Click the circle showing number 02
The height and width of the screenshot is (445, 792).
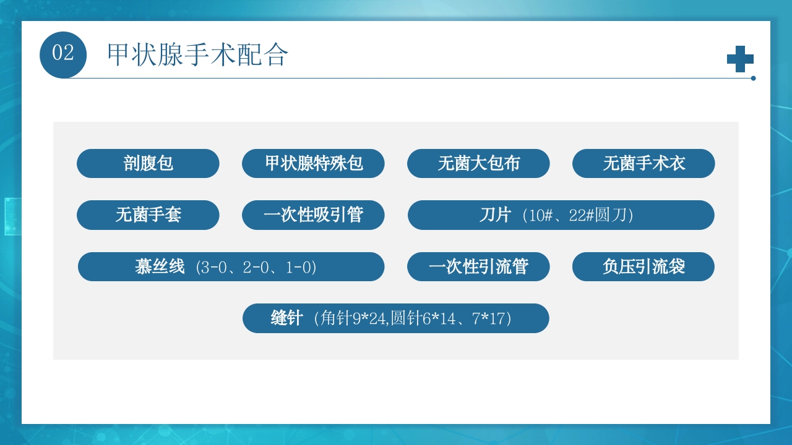63,54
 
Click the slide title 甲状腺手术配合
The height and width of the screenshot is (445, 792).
197,55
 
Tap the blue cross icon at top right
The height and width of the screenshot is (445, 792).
740,59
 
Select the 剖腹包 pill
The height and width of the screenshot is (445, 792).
148,163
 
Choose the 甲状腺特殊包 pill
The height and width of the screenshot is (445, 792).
313,163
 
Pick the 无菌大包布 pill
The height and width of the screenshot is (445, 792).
478,163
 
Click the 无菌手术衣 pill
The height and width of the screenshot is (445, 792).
643,163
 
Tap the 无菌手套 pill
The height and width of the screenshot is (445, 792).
148,215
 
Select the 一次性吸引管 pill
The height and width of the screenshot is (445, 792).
313,215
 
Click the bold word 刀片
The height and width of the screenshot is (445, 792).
495,215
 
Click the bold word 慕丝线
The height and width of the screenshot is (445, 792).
160,267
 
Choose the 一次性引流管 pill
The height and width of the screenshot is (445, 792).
478,267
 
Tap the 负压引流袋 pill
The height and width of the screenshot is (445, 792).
643,267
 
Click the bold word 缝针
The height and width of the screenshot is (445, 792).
286,318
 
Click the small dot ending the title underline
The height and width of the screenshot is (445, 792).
753,78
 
